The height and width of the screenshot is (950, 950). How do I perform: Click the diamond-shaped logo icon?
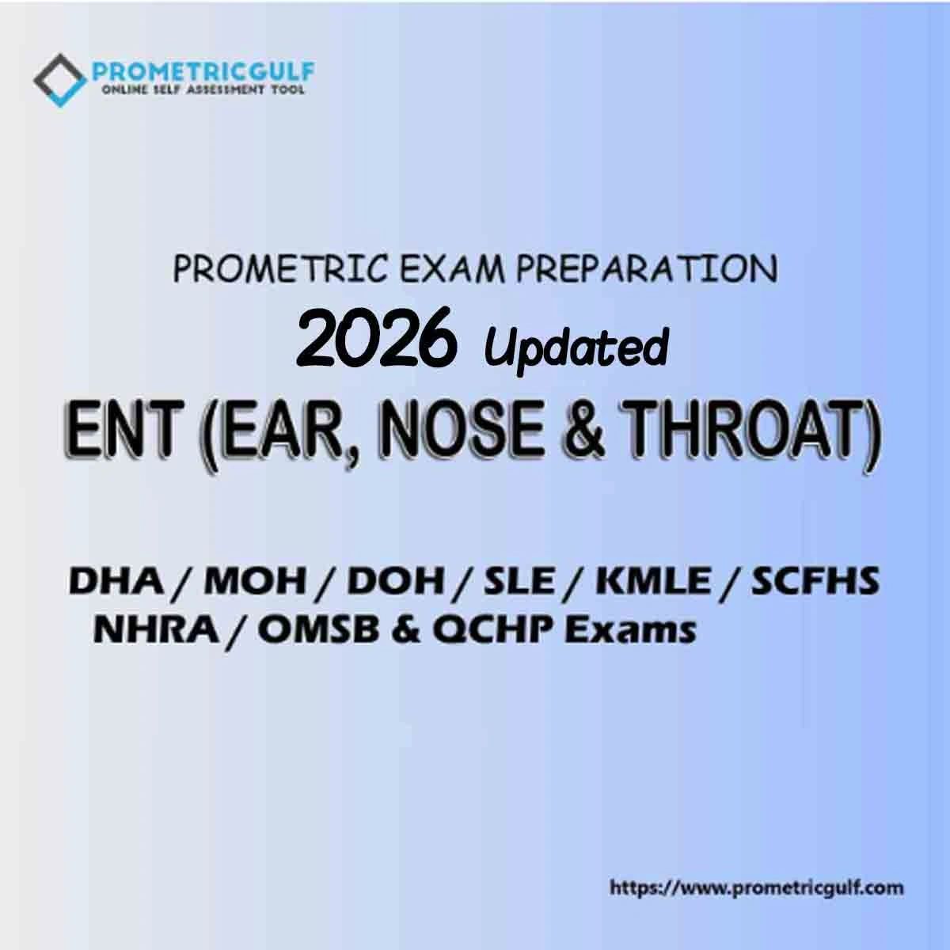pyautogui.click(x=60, y=80)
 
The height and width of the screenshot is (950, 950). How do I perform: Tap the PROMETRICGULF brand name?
pyautogui.click(x=203, y=72)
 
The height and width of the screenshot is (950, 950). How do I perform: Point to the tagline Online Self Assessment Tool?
pyautogui.click(x=203, y=89)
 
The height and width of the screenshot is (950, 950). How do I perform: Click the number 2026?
pyautogui.click(x=374, y=337)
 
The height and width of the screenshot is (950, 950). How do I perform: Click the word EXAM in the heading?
pyautogui.click(x=451, y=269)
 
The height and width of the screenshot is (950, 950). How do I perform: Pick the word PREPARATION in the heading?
pyautogui.click(x=646, y=269)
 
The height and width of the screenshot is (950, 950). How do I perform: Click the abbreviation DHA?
pyautogui.click(x=116, y=581)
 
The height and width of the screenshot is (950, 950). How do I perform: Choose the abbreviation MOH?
pyautogui.click(x=255, y=581)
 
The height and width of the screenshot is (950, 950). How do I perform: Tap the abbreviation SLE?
pyautogui.click(x=519, y=581)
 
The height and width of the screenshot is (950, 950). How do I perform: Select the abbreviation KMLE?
pyautogui.click(x=652, y=581)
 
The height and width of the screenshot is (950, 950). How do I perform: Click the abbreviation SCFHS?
pyautogui.click(x=815, y=581)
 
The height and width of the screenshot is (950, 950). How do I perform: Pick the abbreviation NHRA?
pyautogui.click(x=156, y=629)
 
